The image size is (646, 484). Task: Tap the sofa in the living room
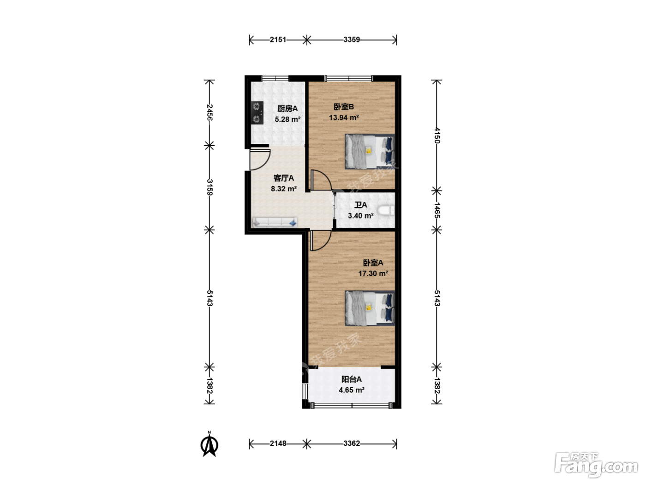click(275, 222)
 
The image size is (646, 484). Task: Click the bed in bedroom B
click(370, 152)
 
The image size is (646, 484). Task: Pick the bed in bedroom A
click(370, 308)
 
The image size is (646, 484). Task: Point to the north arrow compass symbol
click(209, 445)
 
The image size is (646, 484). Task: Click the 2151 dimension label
click(278, 39)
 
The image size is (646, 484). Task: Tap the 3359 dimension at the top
click(352, 39)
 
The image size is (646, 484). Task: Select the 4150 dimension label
click(437, 135)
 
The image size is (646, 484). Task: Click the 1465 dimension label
click(437, 210)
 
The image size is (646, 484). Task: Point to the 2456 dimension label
click(209, 112)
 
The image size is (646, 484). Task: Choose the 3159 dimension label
click(209, 187)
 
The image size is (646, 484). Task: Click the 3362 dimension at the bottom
click(352, 443)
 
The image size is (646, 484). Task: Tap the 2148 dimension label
click(278, 443)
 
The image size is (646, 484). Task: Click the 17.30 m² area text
click(373, 274)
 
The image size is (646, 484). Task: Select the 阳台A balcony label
click(352, 379)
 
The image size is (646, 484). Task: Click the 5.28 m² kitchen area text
click(287, 119)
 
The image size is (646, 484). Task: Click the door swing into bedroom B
click(321, 180)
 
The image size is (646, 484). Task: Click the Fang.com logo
click(596, 465)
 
